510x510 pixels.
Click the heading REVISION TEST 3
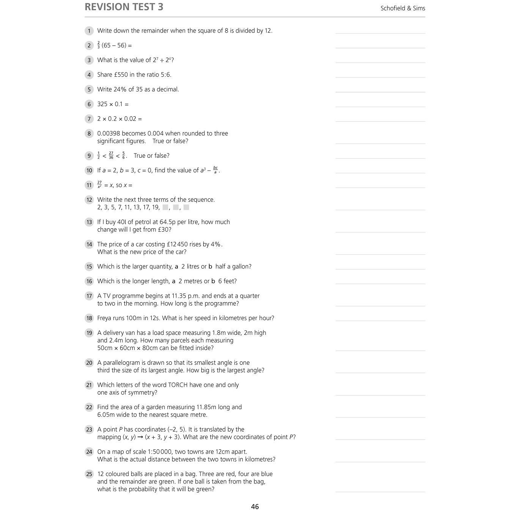click(124, 7)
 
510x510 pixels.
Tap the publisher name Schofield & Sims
click(403, 8)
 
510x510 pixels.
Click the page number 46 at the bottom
click(255, 507)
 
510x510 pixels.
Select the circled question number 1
click(89, 31)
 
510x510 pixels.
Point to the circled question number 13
click(89, 222)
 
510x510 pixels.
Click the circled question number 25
click(89, 474)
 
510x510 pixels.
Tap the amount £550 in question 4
click(121, 75)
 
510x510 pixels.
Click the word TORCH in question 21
click(178, 385)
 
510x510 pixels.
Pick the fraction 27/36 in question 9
click(111, 155)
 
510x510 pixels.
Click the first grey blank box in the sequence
click(165, 207)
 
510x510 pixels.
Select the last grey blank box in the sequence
click(186, 207)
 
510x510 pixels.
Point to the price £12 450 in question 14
click(177, 244)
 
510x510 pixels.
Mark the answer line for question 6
click(380, 107)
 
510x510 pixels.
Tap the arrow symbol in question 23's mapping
click(140, 437)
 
